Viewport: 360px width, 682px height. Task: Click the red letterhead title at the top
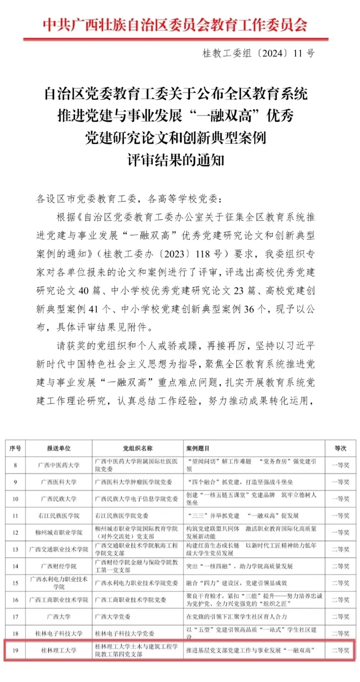(175, 25)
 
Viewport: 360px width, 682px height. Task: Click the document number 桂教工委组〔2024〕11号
(258, 53)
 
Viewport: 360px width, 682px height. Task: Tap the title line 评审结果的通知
(175, 160)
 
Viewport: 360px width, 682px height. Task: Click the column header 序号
(15, 448)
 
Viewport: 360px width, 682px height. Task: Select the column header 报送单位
(59, 448)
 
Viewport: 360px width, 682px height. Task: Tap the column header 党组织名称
(137, 448)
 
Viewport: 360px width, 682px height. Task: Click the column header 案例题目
(198, 448)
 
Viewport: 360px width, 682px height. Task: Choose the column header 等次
(340, 448)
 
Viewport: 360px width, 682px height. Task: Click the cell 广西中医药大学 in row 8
(59, 465)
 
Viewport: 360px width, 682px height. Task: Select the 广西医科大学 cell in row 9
(59, 482)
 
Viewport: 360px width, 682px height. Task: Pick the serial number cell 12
(15, 533)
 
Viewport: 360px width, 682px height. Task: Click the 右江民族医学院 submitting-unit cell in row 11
(59, 516)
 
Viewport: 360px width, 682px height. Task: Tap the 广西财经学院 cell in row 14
(59, 566)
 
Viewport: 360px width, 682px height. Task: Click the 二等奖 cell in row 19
(340, 650)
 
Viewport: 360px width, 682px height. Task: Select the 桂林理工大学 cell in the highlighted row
(59, 650)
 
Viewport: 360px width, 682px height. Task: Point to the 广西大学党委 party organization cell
(113, 617)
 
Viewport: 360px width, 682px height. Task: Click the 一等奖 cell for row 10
(340, 499)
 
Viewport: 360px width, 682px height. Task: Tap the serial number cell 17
(15, 617)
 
